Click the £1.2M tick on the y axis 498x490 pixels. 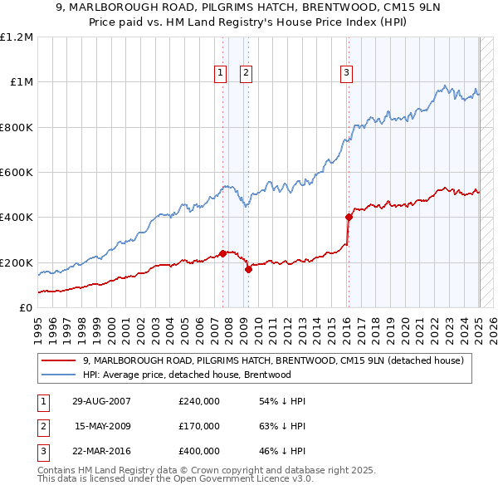pyautogui.click(x=17, y=37)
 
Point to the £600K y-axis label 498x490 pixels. pyautogui.click(x=17, y=173)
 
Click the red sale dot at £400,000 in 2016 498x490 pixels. pyautogui.click(x=349, y=218)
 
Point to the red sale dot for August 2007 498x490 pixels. pyautogui.click(x=223, y=253)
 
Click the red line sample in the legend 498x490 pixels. pyautogui.click(x=60, y=360)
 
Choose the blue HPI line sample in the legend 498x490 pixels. pyautogui.click(x=60, y=375)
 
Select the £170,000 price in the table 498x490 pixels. pyautogui.click(x=198, y=426)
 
